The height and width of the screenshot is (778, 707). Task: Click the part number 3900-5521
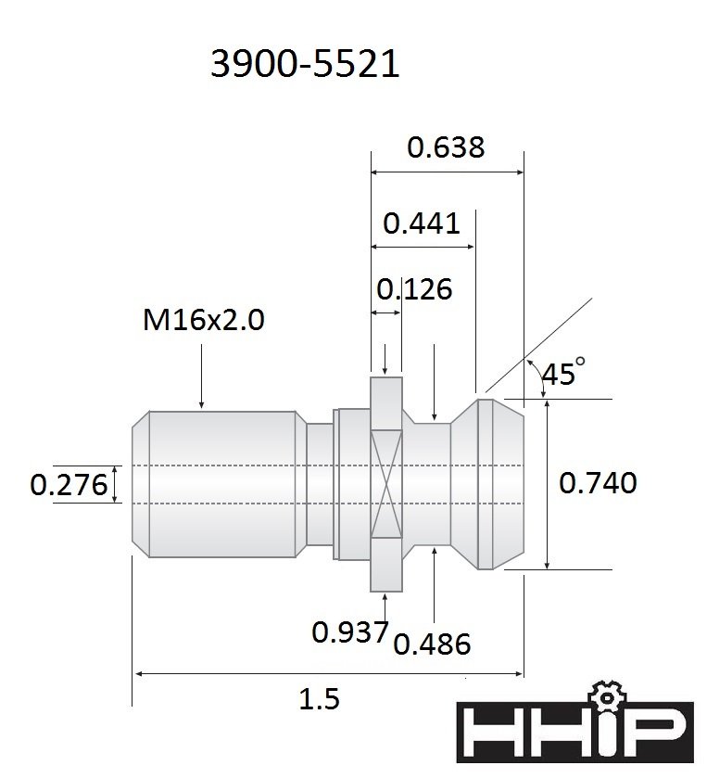tap(305, 64)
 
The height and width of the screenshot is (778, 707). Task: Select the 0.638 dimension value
tap(446, 147)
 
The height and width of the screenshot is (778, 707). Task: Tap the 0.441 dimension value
tap(422, 223)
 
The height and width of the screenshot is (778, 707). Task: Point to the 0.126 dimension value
tap(414, 288)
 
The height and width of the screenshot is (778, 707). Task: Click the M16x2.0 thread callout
tap(204, 319)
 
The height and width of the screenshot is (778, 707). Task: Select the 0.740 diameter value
tap(598, 483)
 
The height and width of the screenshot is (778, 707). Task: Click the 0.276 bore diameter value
tap(69, 485)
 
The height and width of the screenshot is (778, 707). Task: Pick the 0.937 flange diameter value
tap(350, 631)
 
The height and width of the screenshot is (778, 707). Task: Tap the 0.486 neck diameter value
tap(432, 644)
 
